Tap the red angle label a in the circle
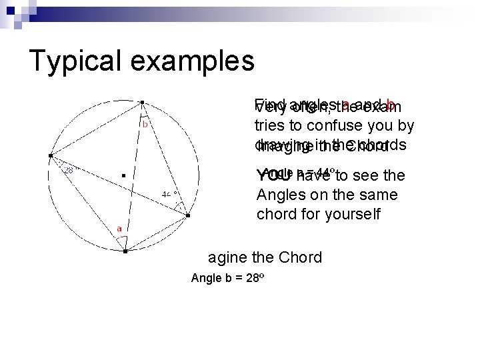[x=119, y=228]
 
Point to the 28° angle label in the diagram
[x=69, y=170]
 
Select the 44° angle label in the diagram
[x=169, y=195]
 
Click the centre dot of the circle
[x=124, y=176]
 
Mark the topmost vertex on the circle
[x=143, y=102]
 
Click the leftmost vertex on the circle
[x=49, y=156]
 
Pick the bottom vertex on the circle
[x=125, y=251]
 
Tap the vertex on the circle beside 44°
[x=188, y=216]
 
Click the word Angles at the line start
[x=279, y=195]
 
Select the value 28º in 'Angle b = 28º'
[x=246, y=278]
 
